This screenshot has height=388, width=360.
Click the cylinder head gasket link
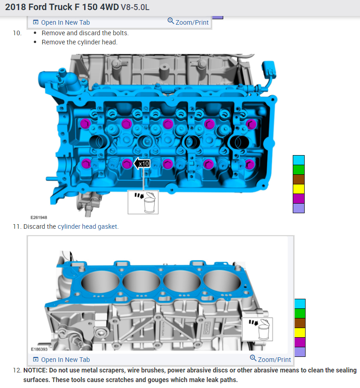[x=87, y=226]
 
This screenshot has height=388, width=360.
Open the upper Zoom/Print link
[x=188, y=22]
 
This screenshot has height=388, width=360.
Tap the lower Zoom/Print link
[x=270, y=359]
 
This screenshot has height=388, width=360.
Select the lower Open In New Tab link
[x=61, y=360]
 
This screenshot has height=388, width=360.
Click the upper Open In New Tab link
[x=61, y=22]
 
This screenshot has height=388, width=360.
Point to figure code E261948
[x=39, y=217]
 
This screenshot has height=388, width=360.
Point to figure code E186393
[x=39, y=349]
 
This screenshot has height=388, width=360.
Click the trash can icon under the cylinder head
[x=143, y=202]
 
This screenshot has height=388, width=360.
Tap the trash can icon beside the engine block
[x=258, y=329]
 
